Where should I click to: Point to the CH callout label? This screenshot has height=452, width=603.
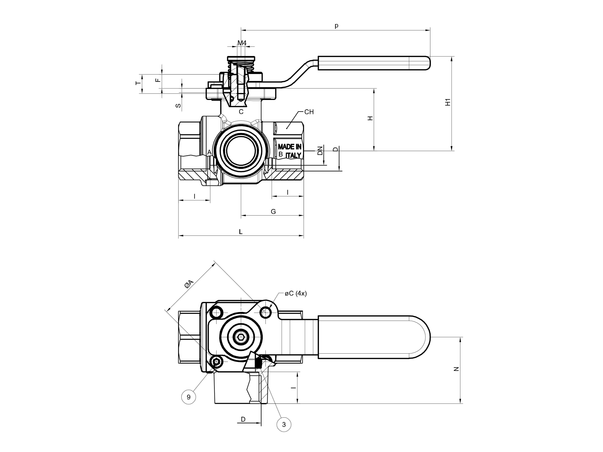click(x=309, y=112)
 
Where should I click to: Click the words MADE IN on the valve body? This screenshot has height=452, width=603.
click(x=289, y=147)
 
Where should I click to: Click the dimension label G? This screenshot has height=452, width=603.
click(x=273, y=211)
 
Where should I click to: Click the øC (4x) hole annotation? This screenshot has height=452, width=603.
click(x=296, y=294)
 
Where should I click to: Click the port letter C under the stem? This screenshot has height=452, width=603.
click(x=241, y=112)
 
